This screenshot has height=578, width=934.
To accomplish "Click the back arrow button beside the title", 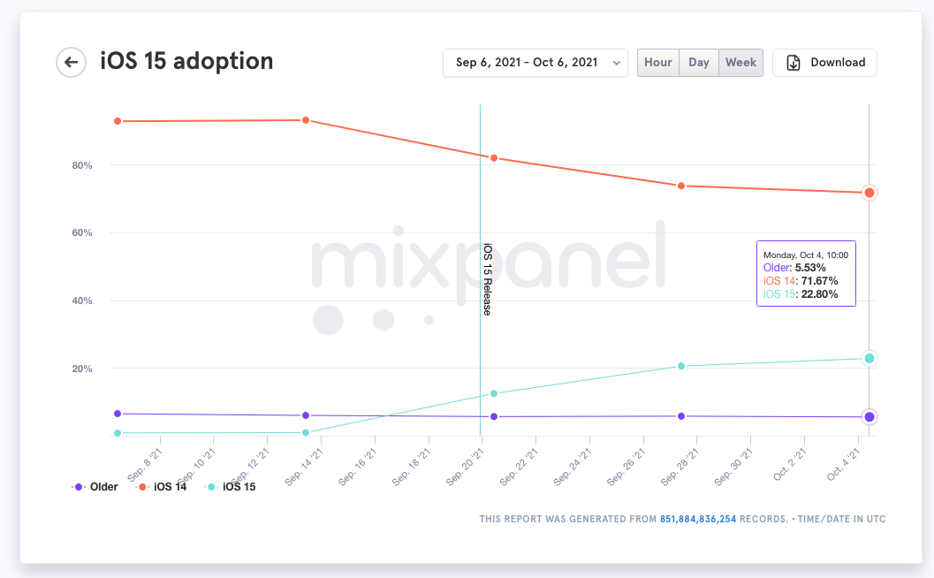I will (71, 63).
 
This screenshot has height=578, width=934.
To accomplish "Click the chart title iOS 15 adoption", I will (186, 61).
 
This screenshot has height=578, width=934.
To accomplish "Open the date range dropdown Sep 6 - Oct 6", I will (535, 63).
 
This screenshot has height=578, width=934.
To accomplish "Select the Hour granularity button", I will (658, 63).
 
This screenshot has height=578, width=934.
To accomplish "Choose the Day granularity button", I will (699, 63).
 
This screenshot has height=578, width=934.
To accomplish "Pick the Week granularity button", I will (740, 63).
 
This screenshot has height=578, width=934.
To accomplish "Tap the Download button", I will (824, 63).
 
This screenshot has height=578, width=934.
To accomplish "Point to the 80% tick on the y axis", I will (81, 165).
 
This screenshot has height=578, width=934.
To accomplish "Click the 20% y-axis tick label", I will (81, 369).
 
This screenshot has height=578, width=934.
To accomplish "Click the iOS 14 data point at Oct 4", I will (869, 193).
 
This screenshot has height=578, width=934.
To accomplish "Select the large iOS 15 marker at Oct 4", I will (869, 358).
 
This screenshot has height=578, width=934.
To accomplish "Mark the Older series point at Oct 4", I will (869, 417).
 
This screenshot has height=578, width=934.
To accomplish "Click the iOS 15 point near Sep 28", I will (681, 366).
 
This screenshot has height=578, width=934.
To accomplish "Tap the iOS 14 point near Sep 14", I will (306, 120).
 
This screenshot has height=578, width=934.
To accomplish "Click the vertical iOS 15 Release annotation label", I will (487, 279).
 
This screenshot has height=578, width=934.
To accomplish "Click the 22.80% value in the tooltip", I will (819, 294).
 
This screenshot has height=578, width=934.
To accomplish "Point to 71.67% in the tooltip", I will (819, 280).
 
